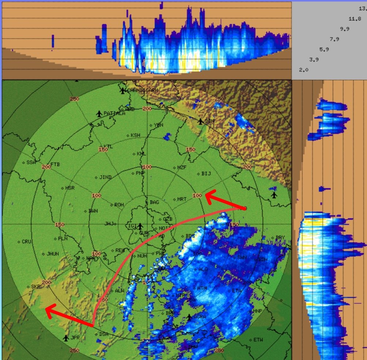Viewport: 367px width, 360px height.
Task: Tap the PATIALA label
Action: tap(114, 113)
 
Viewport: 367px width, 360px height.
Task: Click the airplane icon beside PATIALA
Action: tap(99, 114)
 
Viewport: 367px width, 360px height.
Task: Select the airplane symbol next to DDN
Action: tap(201, 121)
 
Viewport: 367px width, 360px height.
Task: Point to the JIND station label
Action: tap(105, 177)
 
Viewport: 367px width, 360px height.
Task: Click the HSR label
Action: tap(70, 188)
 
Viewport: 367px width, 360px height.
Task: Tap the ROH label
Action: tap(119, 205)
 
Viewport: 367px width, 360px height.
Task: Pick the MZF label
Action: tap(182, 168)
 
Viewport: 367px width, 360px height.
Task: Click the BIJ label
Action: tap(206, 173)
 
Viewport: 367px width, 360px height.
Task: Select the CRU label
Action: tap(27, 241)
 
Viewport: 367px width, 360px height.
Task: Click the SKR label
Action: tap(35, 286)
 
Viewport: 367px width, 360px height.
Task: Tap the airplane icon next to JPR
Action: tap(66, 338)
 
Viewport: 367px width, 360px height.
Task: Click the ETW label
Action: tap(258, 340)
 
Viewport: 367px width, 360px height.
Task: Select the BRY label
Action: tap(280, 238)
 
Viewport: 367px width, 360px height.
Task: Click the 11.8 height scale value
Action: tap(355, 19)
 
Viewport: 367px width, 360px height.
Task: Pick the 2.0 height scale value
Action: tap(304, 70)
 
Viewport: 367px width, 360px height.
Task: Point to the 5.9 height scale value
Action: tap(324, 49)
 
